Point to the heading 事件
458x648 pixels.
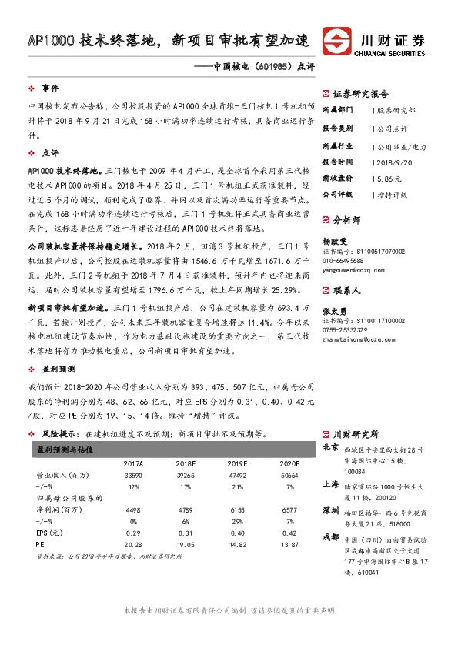(x=51, y=88)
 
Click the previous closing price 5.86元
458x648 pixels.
(x=385, y=178)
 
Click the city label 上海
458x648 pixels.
(x=330, y=485)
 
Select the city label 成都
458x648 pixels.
(x=330, y=558)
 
